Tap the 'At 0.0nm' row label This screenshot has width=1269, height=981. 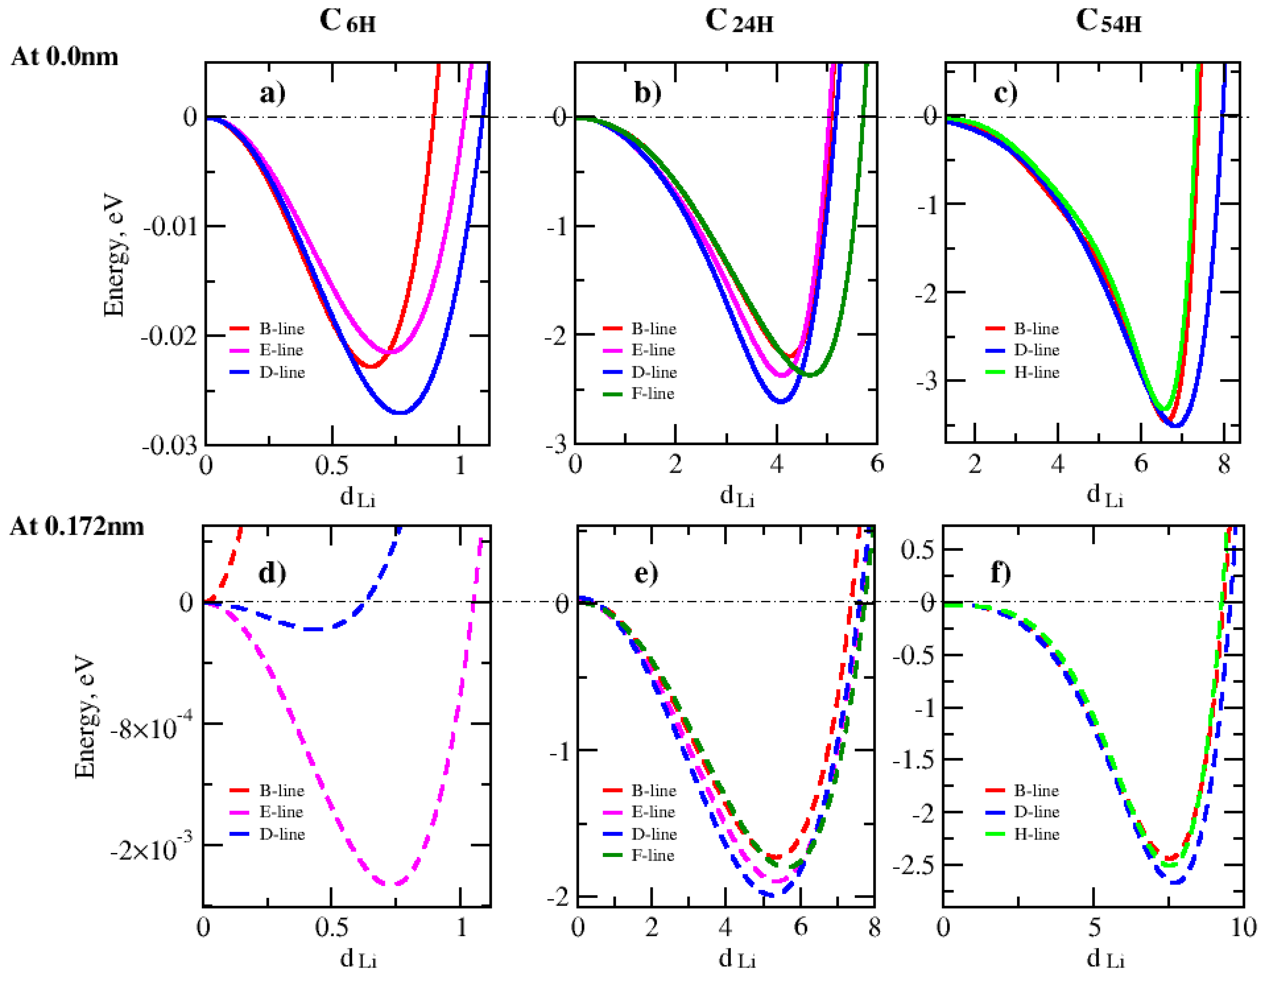pos(64,57)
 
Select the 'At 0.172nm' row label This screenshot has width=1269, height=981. pos(77,526)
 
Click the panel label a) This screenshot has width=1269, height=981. pos(272,93)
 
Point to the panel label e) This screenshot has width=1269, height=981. pos(646,573)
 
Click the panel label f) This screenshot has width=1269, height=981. pos(1000,573)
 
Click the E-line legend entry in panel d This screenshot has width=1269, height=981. pos(281,812)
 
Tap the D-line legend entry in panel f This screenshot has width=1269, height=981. pos(1036,812)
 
